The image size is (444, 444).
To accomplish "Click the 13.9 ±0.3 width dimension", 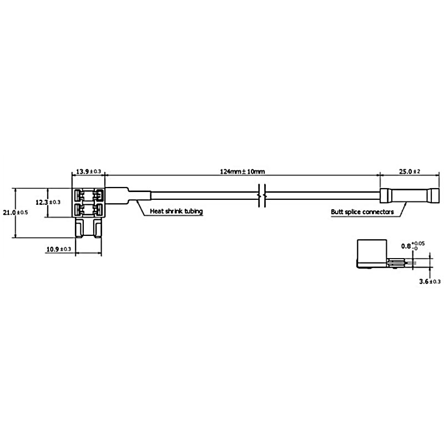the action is coord(88,171).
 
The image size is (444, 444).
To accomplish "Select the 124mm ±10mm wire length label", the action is coord(243,171).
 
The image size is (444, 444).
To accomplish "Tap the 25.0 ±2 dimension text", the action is coord(410,171).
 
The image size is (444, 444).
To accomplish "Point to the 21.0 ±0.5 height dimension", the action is coord(16,212).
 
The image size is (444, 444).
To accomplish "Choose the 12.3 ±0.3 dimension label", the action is coord(48,202).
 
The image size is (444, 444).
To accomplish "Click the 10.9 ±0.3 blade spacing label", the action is coord(59,249).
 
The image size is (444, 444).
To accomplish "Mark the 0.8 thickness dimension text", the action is coord(413,245).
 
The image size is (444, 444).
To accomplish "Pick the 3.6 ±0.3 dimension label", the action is coord(430,281).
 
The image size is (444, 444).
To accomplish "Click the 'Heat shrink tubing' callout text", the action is coord(176,211).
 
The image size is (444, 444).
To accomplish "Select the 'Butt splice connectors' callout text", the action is coord(362,212).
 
